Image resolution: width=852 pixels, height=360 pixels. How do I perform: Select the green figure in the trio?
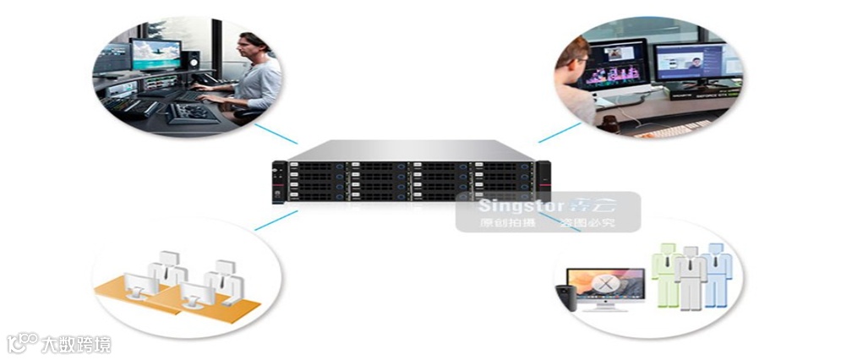[x=667, y=272]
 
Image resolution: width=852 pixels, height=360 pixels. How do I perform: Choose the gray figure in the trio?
[x=691, y=279]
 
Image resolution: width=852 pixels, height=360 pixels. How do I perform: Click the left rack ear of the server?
[x=276, y=181]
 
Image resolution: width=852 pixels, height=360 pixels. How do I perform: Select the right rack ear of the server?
[x=543, y=181]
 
